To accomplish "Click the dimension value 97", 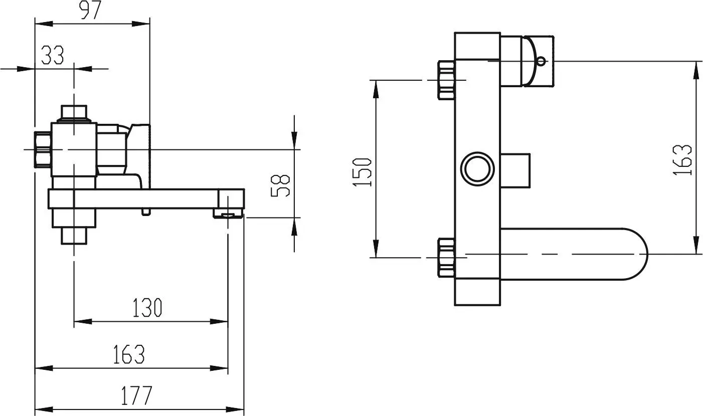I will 91,11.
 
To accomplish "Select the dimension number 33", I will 53,56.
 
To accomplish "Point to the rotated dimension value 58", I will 281,185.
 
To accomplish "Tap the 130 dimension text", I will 147,308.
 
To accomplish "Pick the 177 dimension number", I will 136,396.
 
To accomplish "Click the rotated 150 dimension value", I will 362,172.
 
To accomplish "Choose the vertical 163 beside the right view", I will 682,159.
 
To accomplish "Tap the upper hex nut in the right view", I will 446,80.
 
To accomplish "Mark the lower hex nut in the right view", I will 446,257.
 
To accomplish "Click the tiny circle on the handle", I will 541,62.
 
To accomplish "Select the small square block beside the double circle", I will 515,169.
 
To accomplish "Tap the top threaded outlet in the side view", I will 74,113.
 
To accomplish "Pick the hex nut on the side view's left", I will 43,149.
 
